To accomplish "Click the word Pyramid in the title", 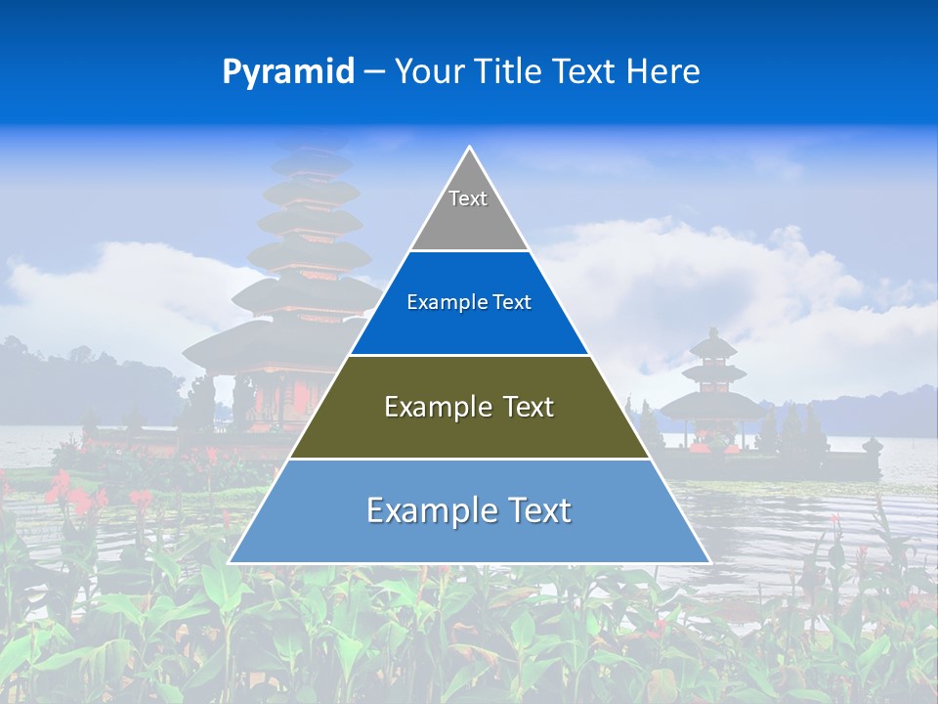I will click(x=288, y=72).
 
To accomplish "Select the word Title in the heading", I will click(x=511, y=72).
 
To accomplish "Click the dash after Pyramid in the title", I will click(x=374, y=73).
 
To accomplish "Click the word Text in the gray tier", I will click(x=468, y=198).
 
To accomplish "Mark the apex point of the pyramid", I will click(x=469, y=148).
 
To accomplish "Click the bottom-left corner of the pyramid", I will click(x=230, y=562).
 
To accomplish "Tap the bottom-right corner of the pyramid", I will click(x=709, y=562).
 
